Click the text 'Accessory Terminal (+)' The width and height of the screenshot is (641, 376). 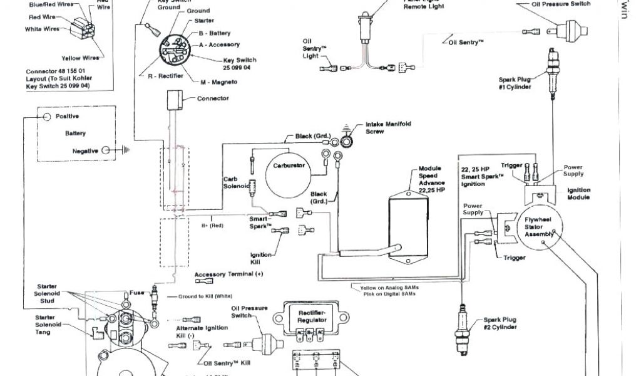coord(229,274)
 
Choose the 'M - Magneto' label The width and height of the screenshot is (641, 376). coord(218,82)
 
